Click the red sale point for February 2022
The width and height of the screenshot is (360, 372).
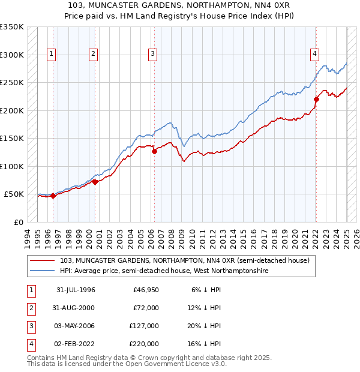point(316,99)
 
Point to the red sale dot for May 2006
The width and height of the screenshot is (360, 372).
point(154,151)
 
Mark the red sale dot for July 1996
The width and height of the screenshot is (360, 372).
point(53,196)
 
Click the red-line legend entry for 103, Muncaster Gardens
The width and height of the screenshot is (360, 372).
point(185,260)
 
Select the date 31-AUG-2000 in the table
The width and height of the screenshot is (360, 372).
point(76,308)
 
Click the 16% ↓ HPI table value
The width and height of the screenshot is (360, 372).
point(205,344)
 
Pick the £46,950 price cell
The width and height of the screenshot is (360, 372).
point(146,290)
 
